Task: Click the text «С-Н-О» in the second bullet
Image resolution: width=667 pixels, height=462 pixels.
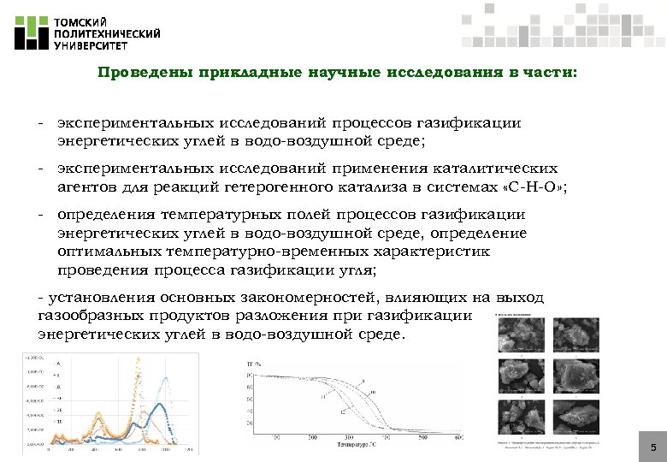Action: pos(528,187)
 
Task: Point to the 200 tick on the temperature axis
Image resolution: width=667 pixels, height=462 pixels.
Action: pos(314,437)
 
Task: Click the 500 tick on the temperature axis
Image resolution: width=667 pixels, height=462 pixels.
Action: pos(424,437)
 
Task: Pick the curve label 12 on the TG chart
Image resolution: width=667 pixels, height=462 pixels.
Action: pos(342,412)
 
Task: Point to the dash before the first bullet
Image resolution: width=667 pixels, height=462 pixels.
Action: pos(40,123)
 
